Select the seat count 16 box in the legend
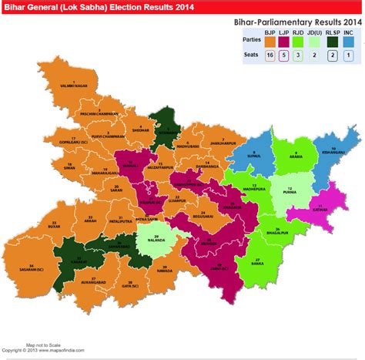point(270,56)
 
